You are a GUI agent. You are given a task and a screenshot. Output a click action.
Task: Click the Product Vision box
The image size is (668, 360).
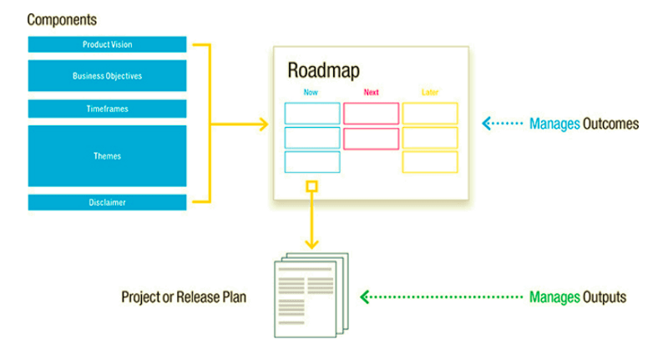coord(107,44)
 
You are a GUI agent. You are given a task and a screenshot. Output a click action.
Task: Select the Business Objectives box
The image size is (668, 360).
coord(107,75)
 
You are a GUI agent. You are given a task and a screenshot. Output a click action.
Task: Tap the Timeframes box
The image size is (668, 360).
coord(107,109)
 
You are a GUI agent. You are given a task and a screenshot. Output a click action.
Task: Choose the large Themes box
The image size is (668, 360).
coord(107,155)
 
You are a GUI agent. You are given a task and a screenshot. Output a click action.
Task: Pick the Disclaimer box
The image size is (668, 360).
coord(107,201)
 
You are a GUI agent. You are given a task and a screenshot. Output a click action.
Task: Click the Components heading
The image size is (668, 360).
coord(62,18)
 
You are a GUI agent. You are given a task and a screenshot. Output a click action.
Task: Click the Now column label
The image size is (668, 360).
coord(311,92)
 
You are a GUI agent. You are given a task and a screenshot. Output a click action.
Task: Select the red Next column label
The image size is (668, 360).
coord(372,92)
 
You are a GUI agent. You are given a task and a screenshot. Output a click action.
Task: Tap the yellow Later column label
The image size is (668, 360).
coord(430,92)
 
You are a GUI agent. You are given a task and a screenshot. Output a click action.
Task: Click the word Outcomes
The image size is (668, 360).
coord(611,124)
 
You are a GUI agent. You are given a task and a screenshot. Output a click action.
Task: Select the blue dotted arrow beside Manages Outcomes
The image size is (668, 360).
coord(503,124)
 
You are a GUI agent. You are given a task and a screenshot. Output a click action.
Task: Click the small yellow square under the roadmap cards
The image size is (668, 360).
coord(312,185)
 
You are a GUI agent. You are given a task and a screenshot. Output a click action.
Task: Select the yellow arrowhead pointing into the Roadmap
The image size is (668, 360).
coord(263,124)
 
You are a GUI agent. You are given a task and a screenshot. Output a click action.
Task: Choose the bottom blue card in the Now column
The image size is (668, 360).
coord(312,162)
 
